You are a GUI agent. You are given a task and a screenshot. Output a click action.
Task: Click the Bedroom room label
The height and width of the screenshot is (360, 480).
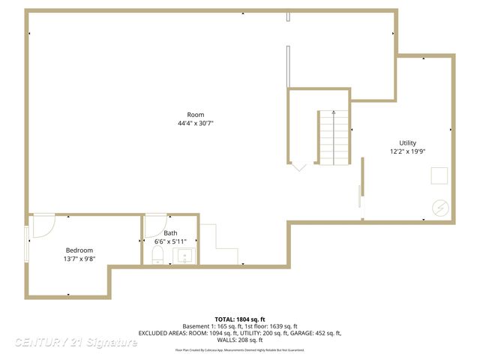click(79, 250)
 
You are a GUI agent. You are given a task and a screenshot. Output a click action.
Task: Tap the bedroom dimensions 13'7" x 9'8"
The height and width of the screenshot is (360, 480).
click(79, 258)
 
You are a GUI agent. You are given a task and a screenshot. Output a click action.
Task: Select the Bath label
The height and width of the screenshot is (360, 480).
click(171, 233)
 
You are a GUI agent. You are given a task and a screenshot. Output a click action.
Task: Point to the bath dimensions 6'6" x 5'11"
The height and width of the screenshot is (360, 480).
click(171, 241)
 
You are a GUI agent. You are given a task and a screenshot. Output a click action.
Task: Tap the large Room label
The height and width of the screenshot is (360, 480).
click(196, 115)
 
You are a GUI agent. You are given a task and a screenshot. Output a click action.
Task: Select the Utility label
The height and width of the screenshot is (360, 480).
click(407, 142)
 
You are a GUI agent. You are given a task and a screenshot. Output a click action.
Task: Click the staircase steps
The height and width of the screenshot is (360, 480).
click(334, 139)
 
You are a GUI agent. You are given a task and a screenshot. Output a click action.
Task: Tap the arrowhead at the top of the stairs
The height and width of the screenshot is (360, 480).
click(334, 112)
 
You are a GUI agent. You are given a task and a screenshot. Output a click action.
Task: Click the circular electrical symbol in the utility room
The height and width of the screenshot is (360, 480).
click(440, 208)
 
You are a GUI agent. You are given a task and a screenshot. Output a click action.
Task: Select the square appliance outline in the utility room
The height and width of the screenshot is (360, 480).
click(439, 175)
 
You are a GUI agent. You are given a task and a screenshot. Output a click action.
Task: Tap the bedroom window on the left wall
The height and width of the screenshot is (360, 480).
click(28, 244)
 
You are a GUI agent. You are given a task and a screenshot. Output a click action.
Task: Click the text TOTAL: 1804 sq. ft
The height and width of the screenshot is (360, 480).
click(240, 319)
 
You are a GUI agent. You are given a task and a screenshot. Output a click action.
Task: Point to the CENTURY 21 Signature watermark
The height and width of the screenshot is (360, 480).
click(76, 342)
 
